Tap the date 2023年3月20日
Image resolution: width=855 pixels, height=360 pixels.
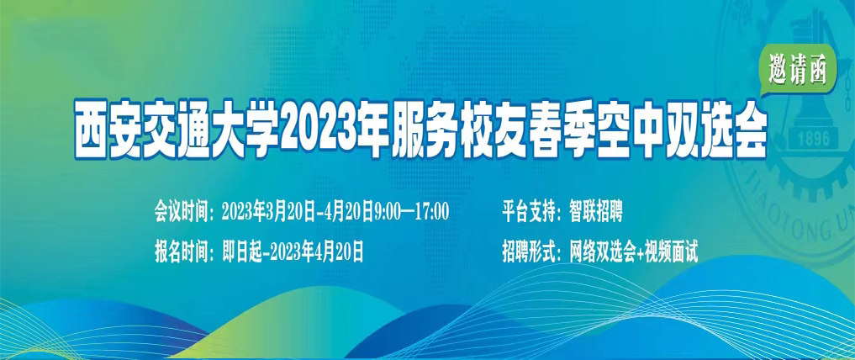269,212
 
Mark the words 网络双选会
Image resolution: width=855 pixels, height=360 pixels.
602,252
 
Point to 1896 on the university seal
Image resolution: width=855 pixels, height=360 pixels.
814,139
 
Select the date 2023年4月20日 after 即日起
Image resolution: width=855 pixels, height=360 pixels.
317,252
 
